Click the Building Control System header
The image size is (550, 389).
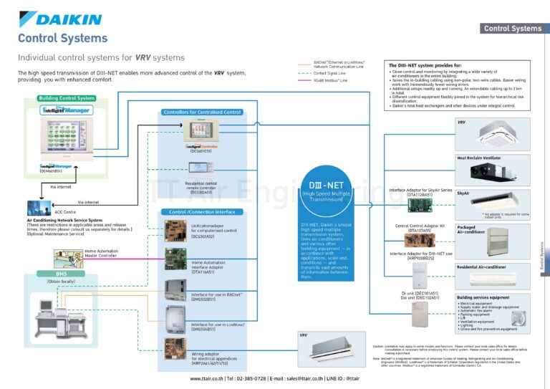coord(67,98)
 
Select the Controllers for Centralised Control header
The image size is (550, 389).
coord(203,112)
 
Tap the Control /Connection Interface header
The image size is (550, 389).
coord(201,212)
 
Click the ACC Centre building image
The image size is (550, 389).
coord(37,207)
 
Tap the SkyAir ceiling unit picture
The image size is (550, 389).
coord(495,201)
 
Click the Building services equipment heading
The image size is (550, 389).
coord(483,297)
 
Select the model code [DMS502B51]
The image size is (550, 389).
coord(206,299)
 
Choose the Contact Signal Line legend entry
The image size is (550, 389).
coord(330,73)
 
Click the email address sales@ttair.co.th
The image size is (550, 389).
coord(299,378)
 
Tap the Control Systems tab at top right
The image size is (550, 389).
coord(513,29)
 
